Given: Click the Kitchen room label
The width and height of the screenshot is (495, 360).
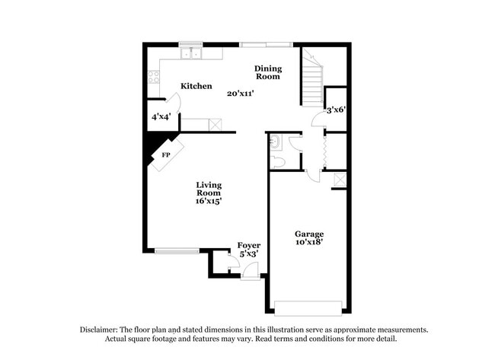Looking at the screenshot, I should click(x=196, y=86).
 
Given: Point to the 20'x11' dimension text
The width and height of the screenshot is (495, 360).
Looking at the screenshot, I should click(x=240, y=94).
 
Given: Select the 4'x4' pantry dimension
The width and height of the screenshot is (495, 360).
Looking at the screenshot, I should click(x=161, y=117).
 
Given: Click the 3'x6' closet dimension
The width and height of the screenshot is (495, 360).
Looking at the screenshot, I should click(x=337, y=110).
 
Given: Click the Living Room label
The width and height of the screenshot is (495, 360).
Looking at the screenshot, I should click(x=208, y=189).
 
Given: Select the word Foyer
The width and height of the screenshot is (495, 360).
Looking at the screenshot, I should click(x=249, y=245).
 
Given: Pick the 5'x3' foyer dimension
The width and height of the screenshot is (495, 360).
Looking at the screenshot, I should click(x=249, y=253).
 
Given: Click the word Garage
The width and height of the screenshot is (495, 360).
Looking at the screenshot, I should click(x=309, y=234).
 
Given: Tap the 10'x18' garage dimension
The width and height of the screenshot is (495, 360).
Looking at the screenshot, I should click(x=309, y=242).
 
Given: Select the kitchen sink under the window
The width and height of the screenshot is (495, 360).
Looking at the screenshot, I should click(x=190, y=53).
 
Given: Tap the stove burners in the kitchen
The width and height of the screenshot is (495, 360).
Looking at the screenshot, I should click(x=153, y=76).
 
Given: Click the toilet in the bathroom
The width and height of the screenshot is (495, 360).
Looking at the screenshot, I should click(x=279, y=161).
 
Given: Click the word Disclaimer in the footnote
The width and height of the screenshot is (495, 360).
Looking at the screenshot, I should click(x=100, y=330).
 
